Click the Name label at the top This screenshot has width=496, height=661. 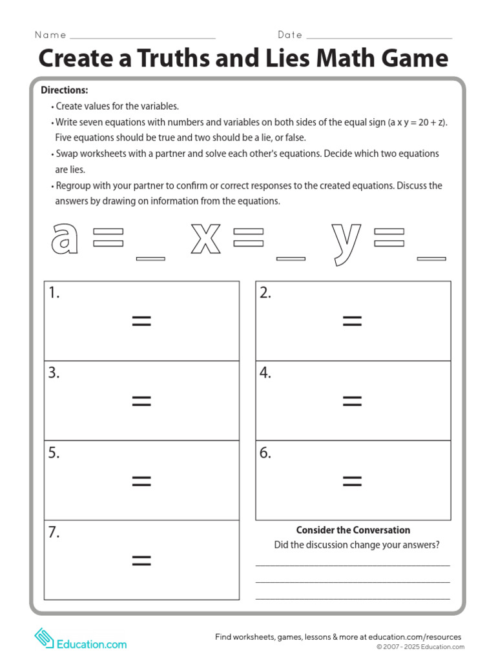coord(50,35)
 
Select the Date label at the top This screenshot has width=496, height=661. coord(290,35)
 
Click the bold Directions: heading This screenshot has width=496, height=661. coord(65,90)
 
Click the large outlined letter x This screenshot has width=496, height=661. coord(205,238)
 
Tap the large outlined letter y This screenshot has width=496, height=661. coord(346,242)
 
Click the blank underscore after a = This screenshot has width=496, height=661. coord(150,259)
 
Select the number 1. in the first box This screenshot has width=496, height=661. coord(54,293)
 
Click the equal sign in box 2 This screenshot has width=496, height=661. coord(352,321)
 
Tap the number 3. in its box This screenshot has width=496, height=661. coord(54,373)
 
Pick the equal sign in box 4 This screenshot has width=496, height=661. coord(352,401)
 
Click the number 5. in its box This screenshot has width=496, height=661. coord(54,453)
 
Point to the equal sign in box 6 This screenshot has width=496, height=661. coord(352,480)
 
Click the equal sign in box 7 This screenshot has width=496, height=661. coord(141,560)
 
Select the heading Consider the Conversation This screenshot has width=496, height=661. coord(353,530)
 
